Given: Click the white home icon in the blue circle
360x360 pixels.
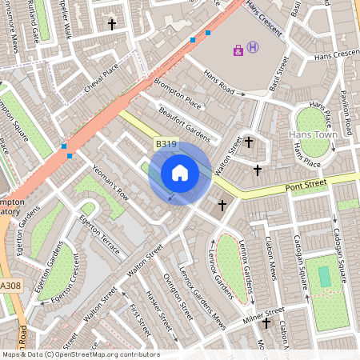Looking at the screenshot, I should pos(180,173).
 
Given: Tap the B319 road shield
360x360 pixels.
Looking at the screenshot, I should pos(166,144).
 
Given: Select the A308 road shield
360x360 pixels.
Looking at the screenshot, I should pos(11,285).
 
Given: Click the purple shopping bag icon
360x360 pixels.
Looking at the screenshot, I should pos(238,50).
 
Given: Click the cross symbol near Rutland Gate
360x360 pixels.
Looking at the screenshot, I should pos(111,26).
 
